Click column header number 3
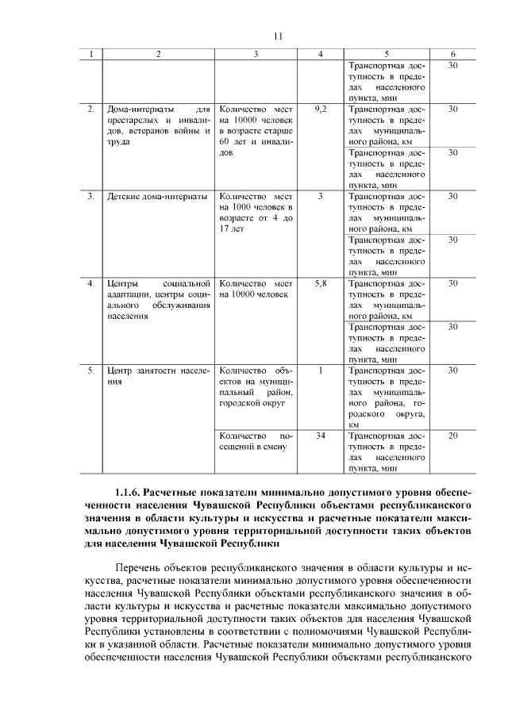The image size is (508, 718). click(x=256, y=54)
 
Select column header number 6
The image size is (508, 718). click(x=452, y=54)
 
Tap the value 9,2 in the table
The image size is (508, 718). click(x=321, y=108)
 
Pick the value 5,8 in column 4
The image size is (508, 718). click(x=321, y=283)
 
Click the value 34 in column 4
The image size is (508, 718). click(x=321, y=436)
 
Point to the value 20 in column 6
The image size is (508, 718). click(x=452, y=436)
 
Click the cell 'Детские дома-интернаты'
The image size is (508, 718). click(x=157, y=196)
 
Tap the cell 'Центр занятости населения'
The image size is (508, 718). click(x=157, y=375)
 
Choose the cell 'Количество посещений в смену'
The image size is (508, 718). click(x=256, y=441)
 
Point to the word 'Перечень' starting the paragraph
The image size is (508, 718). click(x=143, y=568)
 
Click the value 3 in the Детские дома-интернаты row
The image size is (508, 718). click(x=321, y=196)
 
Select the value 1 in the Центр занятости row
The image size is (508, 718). click(x=321, y=371)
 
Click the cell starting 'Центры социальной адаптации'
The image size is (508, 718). click(x=157, y=299)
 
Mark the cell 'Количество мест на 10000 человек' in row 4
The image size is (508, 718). click(x=256, y=289)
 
